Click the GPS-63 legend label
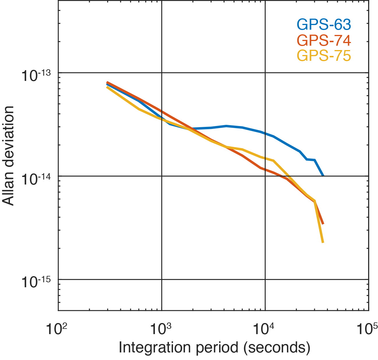click(x=324, y=25)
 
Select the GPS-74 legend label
click(x=324, y=40)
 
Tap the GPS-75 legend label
click(x=324, y=56)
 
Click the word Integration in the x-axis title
click(x=155, y=347)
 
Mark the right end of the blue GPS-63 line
click(x=323, y=175)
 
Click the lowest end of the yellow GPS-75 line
click(x=323, y=242)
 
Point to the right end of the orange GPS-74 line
click(x=323, y=224)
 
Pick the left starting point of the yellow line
click(x=107, y=87)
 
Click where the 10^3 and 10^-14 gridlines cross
click(x=162, y=176)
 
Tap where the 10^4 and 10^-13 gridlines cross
click(x=265, y=72)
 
